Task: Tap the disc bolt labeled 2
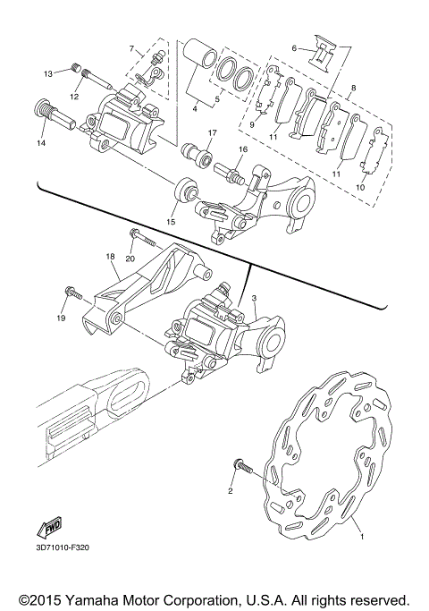[242, 467]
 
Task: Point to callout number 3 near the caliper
[254, 297]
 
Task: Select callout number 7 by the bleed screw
[130, 47]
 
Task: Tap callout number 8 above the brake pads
[354, 88]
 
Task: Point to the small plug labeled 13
[80, 68]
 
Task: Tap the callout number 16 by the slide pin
[242, 149]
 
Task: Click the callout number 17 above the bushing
[212, 133]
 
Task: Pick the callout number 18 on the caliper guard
[111, 257]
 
